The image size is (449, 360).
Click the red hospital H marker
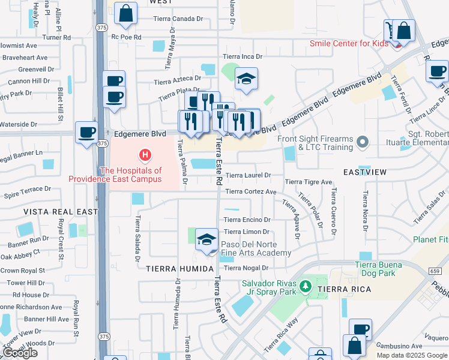(145, 156)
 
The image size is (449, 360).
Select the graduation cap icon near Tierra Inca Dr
(246, 79)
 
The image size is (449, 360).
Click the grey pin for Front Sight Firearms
(361, 142)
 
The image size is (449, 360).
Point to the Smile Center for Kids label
(347, 43)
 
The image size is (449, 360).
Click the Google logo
(19, 353)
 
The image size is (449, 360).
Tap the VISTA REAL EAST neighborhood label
(60, 212)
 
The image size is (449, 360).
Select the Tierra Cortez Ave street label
(250, 192)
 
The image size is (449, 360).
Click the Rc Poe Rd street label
(125, 37)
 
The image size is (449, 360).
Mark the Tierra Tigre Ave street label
(308, 182)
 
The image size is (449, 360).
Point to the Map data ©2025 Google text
(412, 355)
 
